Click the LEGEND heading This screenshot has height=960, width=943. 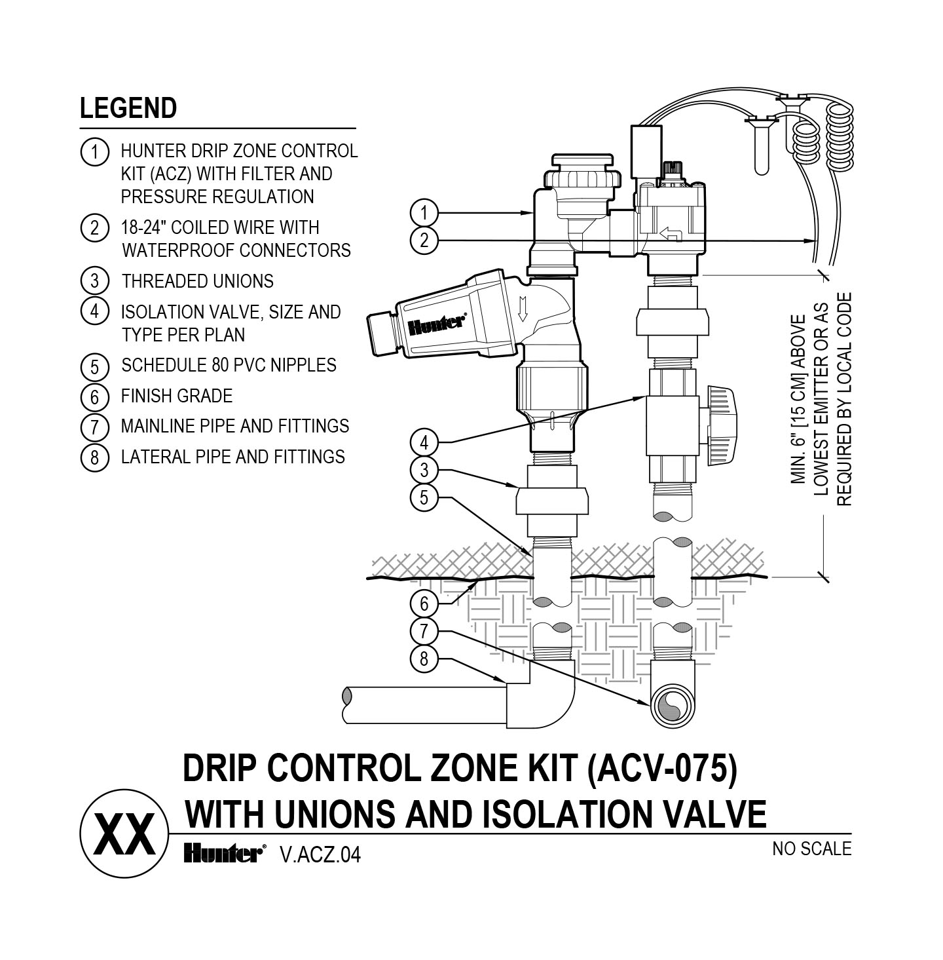click(x=128, y=108)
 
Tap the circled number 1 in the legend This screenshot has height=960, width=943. click(x=94, y=152)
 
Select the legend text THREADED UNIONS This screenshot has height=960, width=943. click(x=197, y=281)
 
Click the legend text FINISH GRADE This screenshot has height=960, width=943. click(x=177, y=396)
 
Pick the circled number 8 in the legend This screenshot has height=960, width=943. click(x=94, y=457)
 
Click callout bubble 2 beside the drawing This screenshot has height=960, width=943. click(x=424, y=240)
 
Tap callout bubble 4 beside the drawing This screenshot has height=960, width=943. click(x=424, y=442)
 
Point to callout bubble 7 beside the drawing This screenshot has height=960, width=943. click(x=424, y=631)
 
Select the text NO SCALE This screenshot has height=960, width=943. click(x=811, y=849)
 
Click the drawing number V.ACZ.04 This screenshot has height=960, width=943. click(x=320, y=854)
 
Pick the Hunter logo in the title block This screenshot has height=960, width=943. click(x=223, y=853)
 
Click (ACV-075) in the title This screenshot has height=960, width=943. click(x=662, y=769)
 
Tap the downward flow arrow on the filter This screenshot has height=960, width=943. click(x=522, y=308)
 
